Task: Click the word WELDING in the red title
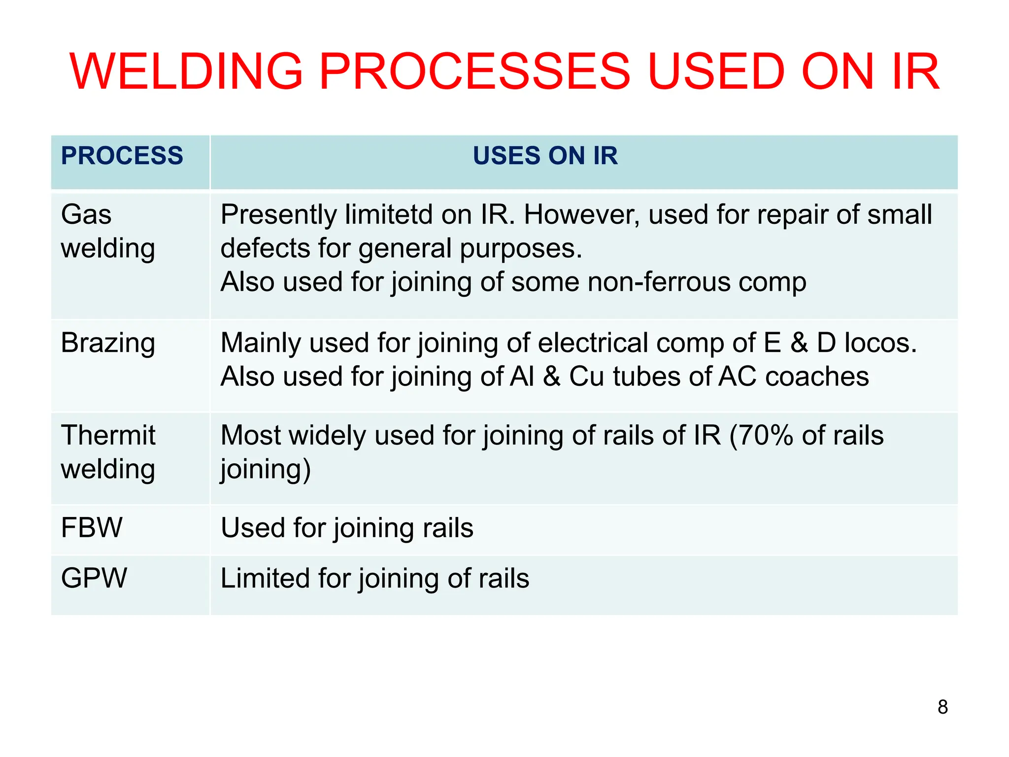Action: point(186,72)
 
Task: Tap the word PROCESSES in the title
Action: point(475,72)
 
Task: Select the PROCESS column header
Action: point(122,156)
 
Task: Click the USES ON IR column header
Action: point(545,156)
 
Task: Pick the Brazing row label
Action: point(108,344)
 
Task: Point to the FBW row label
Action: point(92,527)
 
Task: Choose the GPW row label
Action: point(94,578)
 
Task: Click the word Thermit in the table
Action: point(108,436)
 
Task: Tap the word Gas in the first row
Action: point(86,215)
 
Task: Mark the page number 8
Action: point(942,707)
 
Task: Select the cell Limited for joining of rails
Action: point(374,579)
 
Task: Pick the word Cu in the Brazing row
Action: point(586,377)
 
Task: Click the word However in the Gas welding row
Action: point(581,215)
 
